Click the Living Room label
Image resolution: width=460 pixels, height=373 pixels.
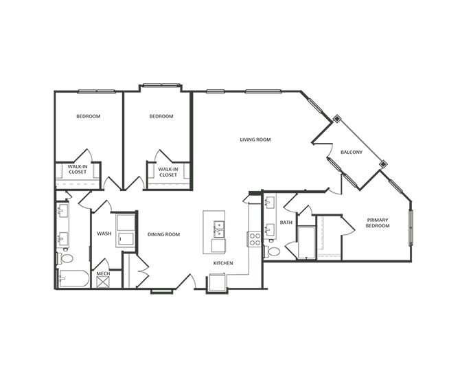pos(255,139)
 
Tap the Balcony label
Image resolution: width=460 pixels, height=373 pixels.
pos(351,152)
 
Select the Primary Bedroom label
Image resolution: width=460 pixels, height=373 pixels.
pos(378,223)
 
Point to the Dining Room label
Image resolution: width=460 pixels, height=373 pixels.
pos(163,234)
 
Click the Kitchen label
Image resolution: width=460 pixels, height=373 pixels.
pos(222,263)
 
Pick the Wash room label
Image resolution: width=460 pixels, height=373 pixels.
pos(104,234)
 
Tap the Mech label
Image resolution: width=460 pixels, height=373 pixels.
pos(103,273)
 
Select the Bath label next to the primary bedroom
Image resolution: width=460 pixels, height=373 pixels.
pos(286,223)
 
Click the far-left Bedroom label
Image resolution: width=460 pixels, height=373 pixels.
pos(88,117)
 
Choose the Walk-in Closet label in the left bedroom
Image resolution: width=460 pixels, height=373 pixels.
pos(77,169)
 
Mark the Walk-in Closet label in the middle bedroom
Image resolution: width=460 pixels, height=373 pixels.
pos(168,172)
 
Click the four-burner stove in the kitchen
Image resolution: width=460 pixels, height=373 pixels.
pos(254,239)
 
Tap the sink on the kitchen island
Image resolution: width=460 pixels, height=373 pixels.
pos(218,227)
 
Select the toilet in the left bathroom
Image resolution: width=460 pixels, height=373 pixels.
pos(67,259)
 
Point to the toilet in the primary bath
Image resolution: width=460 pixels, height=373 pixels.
pos(273,252)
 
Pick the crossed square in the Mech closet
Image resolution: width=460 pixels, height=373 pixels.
pos(103,281)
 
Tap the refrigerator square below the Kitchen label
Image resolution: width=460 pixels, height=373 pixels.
pos(217,282)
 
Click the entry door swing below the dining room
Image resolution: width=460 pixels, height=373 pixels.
pos(185,282)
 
